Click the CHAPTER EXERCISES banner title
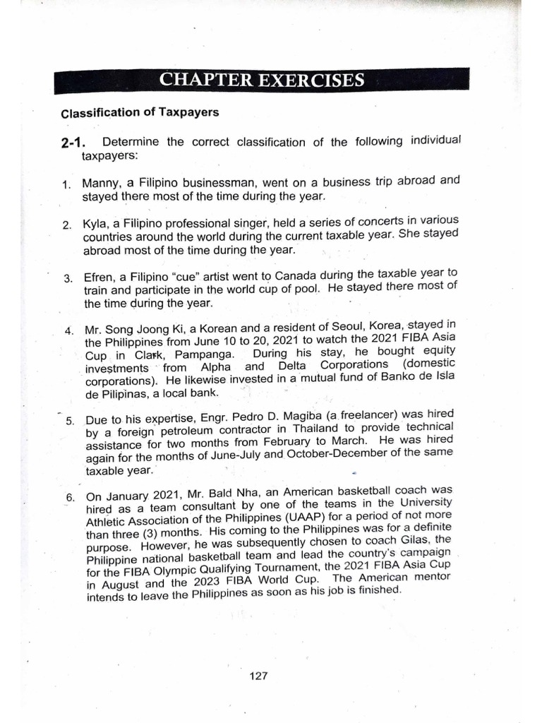[x=262, y=80]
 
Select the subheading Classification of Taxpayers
[x=140, y=112]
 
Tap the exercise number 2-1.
[x=74, y=143]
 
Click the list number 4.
[x=68, y=330]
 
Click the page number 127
[x=259, y=676]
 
